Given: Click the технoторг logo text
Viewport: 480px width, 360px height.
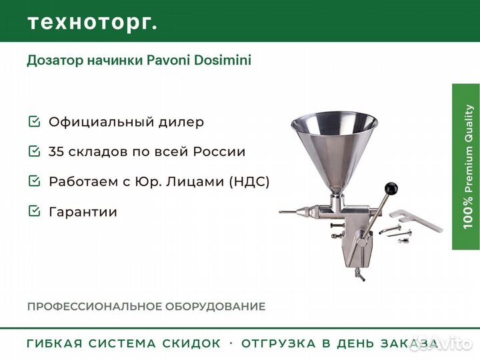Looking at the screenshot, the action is [93, 23].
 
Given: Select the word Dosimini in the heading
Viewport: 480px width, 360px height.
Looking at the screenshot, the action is [223, 60].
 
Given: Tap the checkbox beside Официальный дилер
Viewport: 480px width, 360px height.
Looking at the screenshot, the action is [34, 121].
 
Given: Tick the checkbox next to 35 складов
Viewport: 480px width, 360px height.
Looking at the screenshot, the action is [34, 151].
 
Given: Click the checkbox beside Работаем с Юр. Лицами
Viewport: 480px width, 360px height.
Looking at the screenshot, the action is [34, 181].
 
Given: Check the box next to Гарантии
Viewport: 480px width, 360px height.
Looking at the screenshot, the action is [34, 211].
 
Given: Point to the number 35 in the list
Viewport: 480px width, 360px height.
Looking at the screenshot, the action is [57, 151].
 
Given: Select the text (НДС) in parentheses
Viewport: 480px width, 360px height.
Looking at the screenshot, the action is [249, 181].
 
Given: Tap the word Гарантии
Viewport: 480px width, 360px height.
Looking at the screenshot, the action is [83, 211].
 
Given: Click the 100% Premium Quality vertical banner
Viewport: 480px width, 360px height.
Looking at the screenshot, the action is [466, 167].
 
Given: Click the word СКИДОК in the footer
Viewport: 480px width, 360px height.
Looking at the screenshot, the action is [191, 343].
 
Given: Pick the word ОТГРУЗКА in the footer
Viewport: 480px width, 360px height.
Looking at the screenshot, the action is [278, 343].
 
